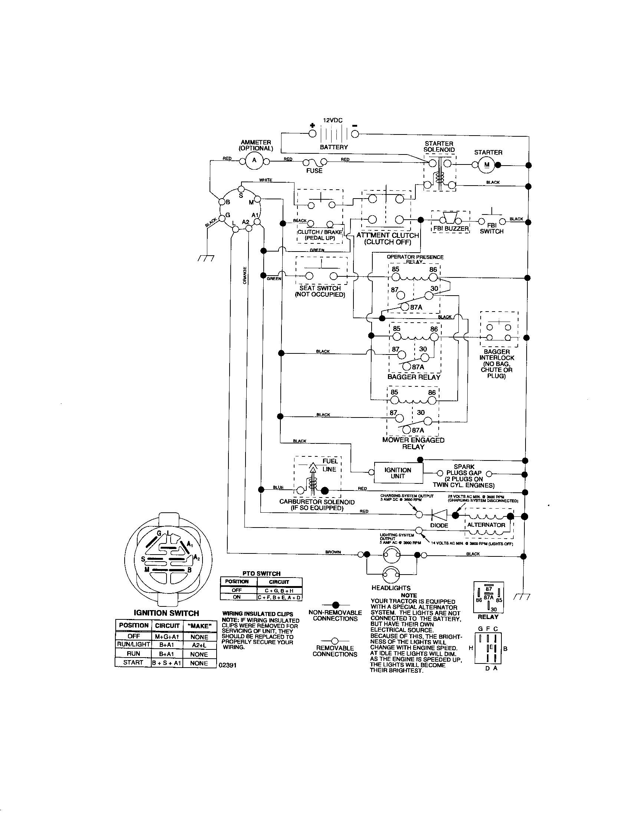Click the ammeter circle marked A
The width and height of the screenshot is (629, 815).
(x=254, y=161)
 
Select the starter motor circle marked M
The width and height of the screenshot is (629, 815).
(x=487, y=165)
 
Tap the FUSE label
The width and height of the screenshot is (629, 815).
(x=314, y=171)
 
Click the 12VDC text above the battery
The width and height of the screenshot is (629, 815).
(x=332, y=120)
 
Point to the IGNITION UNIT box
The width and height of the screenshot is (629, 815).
(x=398, y=473)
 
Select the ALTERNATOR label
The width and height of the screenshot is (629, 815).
(x=486, y=525)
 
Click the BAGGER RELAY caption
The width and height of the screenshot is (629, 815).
(x=414, y=377)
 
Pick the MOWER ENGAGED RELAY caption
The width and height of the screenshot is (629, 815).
(x=413, y=443)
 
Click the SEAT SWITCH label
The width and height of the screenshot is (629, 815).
(x=320, y=288)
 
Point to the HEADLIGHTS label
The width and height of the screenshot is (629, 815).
(x=391, y=588)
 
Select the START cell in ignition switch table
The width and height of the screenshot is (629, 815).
(x=133, y=662)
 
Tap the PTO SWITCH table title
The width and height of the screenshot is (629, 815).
(x=261, y=573)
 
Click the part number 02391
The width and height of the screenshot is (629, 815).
(x=228, y=665)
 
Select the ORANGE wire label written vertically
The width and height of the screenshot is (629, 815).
(x=245, y=275)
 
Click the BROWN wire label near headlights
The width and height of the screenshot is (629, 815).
(x=333, y=552)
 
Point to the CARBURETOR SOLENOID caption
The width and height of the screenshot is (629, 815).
(x=317, y=502)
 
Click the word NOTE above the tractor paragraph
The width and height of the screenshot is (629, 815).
(x=409, y=595)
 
